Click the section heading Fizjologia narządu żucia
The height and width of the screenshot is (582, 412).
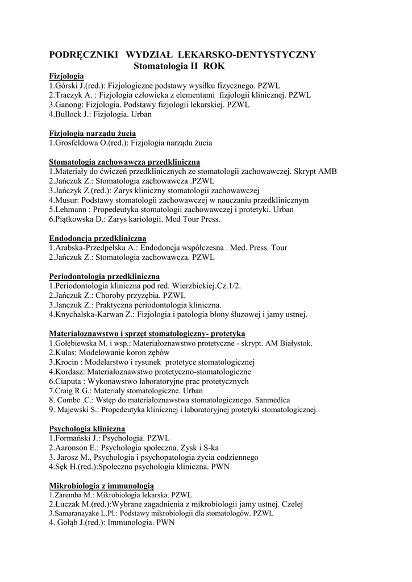(x=92, y=134)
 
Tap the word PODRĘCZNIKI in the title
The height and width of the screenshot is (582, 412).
(x=84, y=55)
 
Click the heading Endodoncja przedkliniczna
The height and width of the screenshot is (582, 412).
(x=98, y=238)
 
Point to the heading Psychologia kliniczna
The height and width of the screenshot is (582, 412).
(x=87, y=429)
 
